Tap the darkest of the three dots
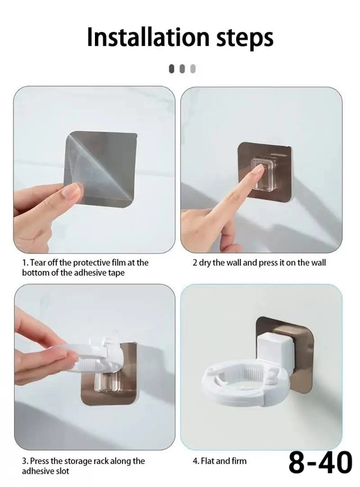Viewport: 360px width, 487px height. pos(172,69)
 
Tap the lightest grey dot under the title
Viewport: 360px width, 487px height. pos(193,69)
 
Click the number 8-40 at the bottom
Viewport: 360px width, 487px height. pos(320,463)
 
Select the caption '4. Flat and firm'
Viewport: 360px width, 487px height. pos(219,461)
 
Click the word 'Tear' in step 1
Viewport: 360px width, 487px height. pos(38,262)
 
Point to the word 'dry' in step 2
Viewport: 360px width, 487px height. pos(205,263)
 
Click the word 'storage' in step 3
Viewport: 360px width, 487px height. pos(79,461)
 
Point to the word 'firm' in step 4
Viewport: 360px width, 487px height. pos(238,461)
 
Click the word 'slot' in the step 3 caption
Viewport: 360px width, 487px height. pos(62,471)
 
